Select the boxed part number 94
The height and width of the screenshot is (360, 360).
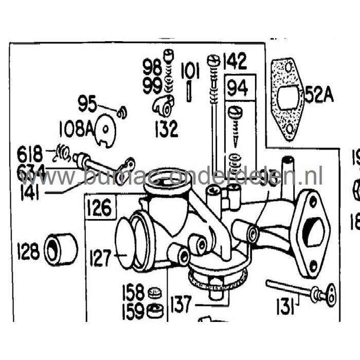coord(238,88)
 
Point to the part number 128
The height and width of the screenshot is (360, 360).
coord(28,251)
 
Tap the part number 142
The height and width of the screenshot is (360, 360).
coord(234,63)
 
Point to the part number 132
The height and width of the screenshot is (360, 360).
coord(164,128)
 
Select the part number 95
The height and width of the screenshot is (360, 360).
coord(87,104)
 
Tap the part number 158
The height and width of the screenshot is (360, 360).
coord(133,293)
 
